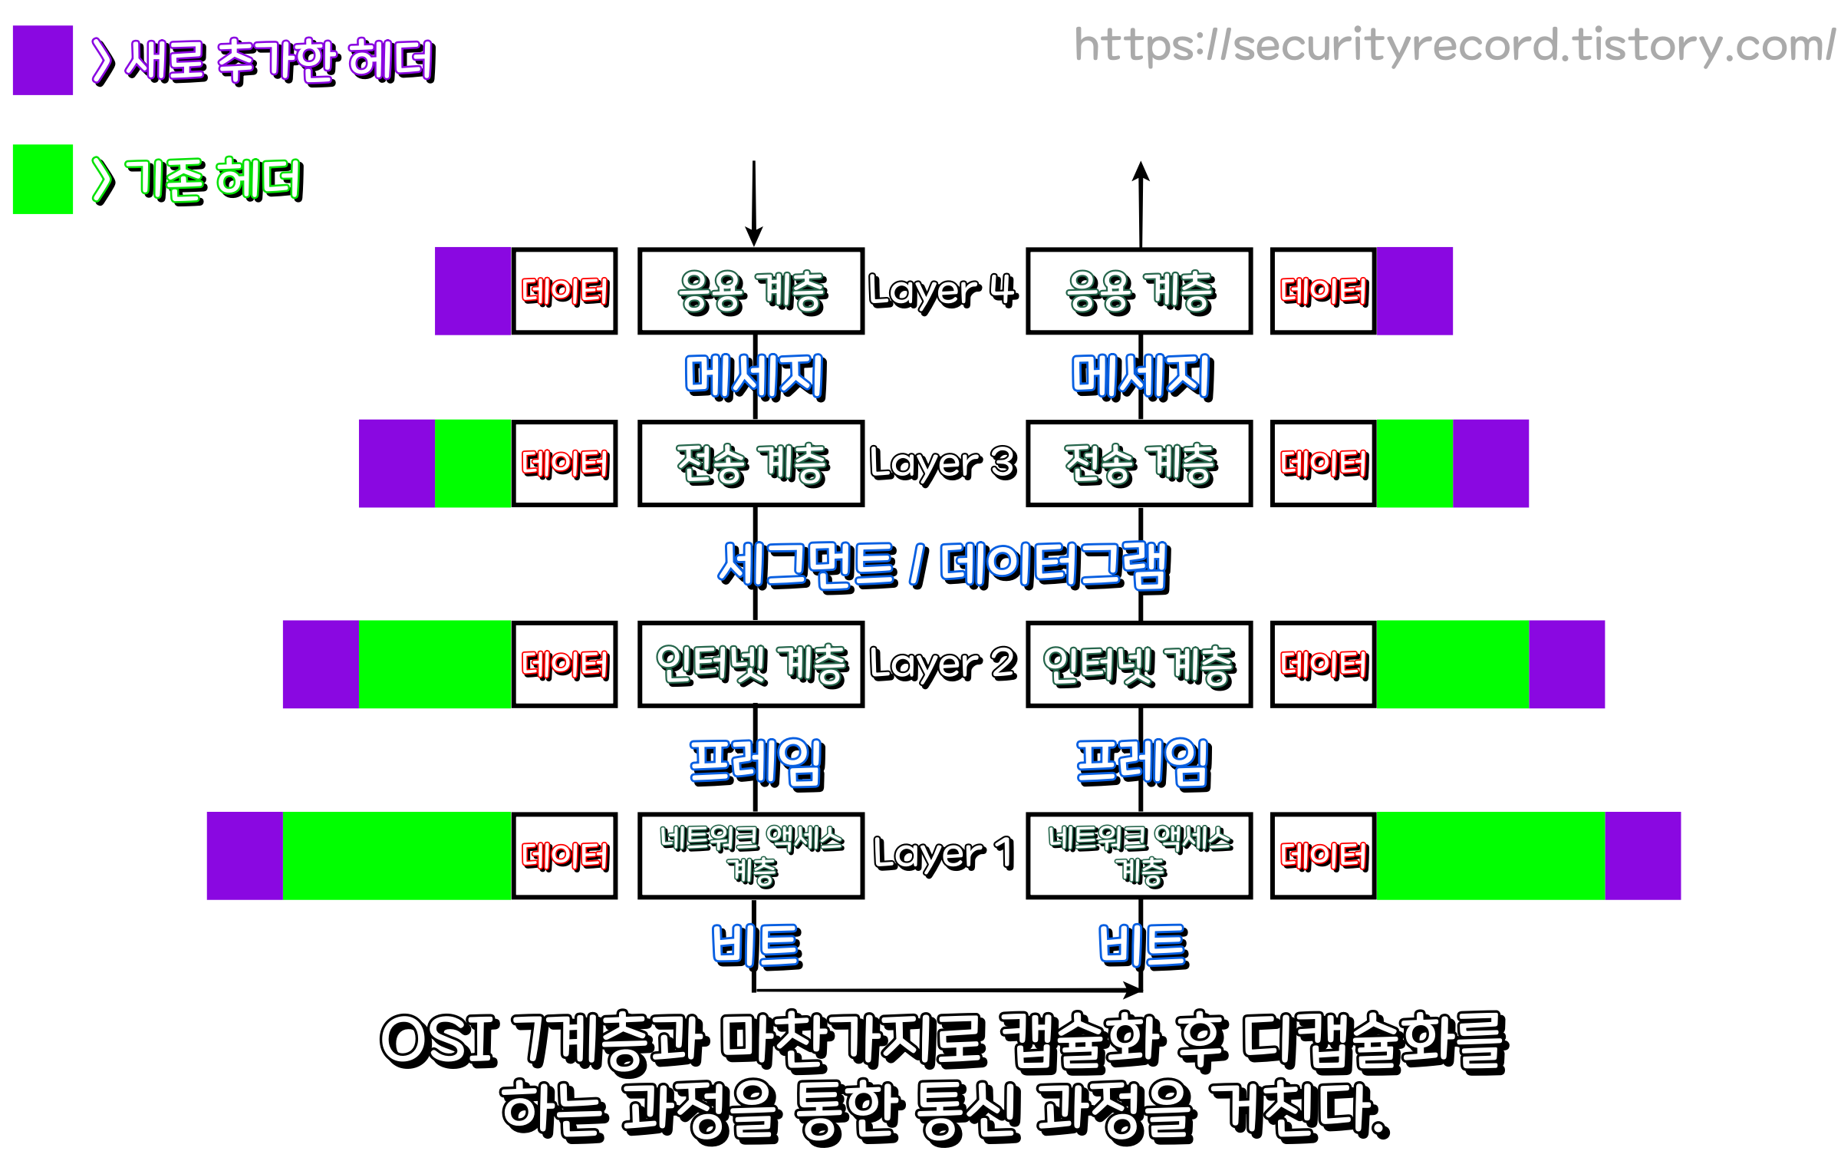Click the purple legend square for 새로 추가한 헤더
tap(43, 61)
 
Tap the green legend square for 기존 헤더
tap(43, 180)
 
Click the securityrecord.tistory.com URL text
tap(1454, 45)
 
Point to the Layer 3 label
tap(944, 463)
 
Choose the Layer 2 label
tap(944, 665)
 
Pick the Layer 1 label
tap(944, 855)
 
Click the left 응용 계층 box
tap(751, 292)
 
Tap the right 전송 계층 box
tap(1139, 463)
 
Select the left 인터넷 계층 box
tap(751, 665)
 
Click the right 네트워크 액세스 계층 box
tap(1139, 855)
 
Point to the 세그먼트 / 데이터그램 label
tap(944, 566)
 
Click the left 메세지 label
tap(755, 377)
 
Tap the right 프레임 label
tap(1143, 763)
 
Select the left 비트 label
tap(756, 945)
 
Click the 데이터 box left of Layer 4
tap(565, 292)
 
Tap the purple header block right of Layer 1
tap(1642, 856)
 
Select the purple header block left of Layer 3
tap(397, 463)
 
